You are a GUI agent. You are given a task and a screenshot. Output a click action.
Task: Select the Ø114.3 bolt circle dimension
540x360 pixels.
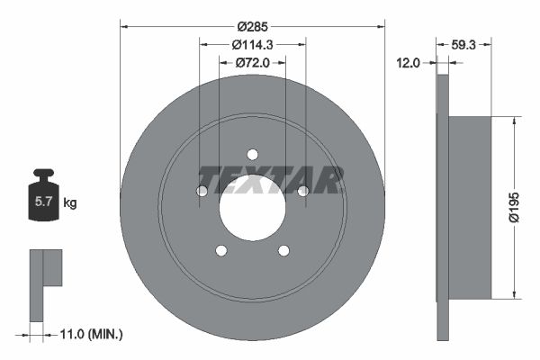[252, 44]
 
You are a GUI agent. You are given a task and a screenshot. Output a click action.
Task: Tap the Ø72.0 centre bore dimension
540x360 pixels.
[252, 63]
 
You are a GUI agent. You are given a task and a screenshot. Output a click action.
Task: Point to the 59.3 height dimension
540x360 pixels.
[464, 44]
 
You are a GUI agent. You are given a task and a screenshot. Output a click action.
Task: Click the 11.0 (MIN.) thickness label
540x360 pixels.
[85, 334]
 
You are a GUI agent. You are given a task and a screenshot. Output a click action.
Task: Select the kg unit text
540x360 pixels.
[70, 203]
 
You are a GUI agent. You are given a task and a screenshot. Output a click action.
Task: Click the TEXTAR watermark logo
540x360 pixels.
[270, 180]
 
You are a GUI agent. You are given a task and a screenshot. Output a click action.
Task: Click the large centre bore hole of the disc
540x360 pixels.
[252, 206]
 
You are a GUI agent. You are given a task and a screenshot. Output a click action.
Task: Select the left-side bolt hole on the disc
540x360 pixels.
[202, 191]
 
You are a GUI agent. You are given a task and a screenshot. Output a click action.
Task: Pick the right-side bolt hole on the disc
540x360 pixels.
[302, 191]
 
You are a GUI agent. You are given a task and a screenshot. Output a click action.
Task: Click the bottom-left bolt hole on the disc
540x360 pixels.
[220, 250]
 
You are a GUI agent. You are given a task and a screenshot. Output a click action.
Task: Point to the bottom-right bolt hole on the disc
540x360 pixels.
[283, 250]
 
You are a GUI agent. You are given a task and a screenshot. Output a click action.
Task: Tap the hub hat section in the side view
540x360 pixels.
[470, 207]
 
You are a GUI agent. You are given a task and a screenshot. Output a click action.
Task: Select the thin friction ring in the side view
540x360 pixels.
[442, 207]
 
